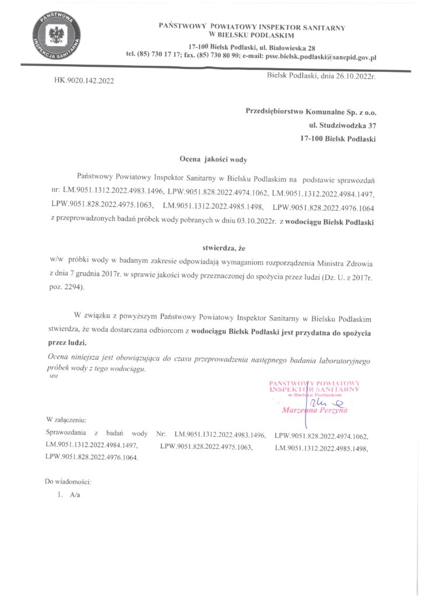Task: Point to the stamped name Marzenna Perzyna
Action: [x=314, y=411]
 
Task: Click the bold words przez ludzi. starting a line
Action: [x=66, y=343]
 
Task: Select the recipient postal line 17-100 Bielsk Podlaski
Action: [x=337, y=139]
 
